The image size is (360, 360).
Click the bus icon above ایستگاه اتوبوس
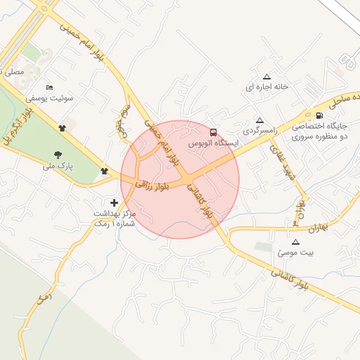pyautogui.click(x=213, y=131)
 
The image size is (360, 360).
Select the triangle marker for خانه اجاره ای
pyautogui.click(x=266, y=77)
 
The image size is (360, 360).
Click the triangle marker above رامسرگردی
pyautogui.click(x=260, y=120)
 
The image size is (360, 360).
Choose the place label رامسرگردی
pyautogui.click(x=260, y=131)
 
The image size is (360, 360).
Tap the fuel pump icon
pyautogui.click(x=320, y=116)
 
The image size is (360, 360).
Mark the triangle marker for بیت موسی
pyautogui.click(x=295, y=241)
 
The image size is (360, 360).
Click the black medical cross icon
pyautogui.click(x=115, y=202)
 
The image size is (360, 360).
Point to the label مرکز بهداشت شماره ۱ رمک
pyautogui.click(x=113, y=216)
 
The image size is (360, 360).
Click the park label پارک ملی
pyautogui.click(x=58, y=167)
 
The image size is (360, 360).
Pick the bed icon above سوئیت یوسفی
pyautogui.click(x=49, y=87)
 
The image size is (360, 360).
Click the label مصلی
pyautogui.click(x=13, y=71)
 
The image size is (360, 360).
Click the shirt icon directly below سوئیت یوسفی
pyautogui.click(x=63, y=127)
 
